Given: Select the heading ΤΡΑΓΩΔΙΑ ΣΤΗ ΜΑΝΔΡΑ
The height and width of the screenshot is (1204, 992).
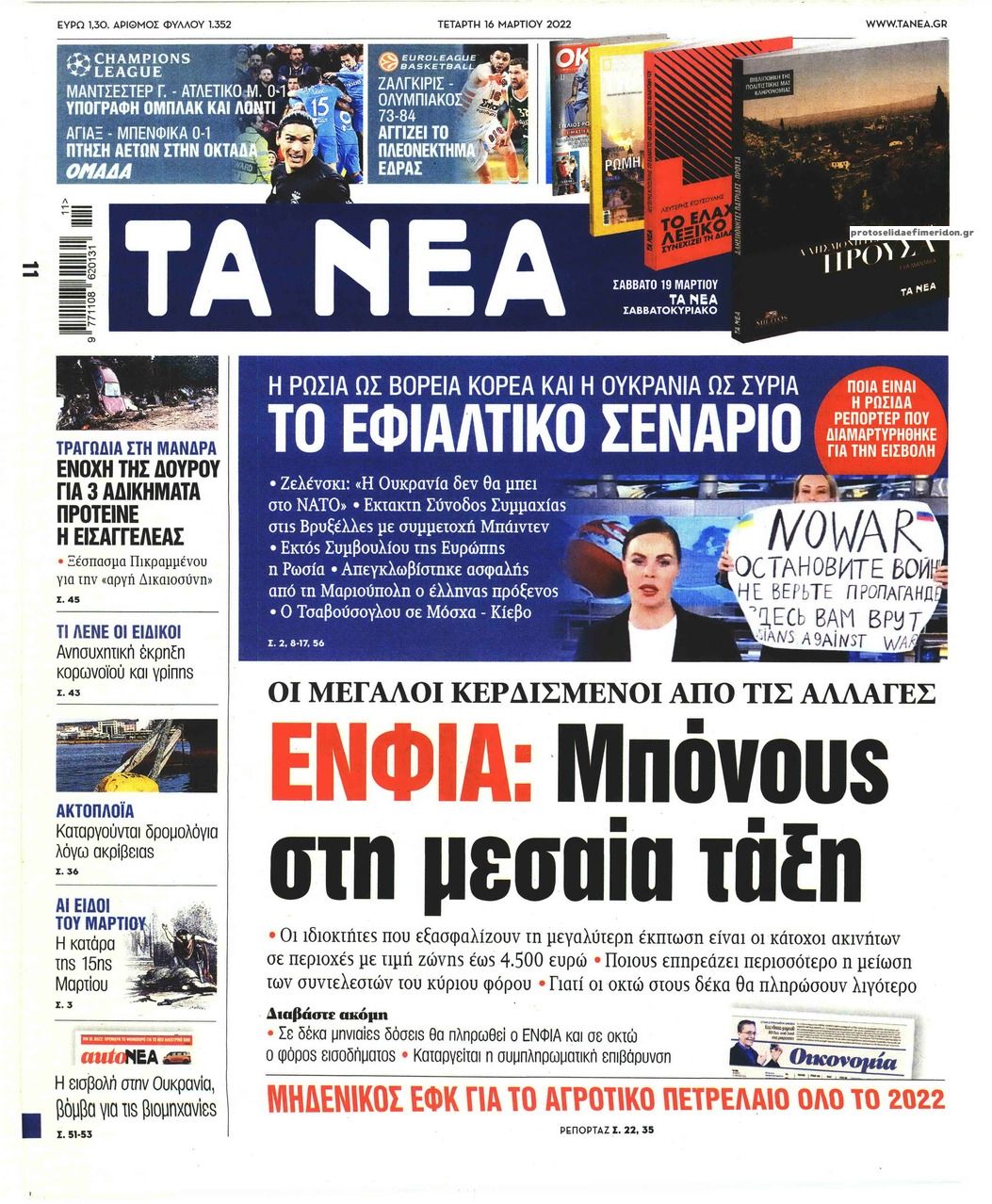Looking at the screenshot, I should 138,448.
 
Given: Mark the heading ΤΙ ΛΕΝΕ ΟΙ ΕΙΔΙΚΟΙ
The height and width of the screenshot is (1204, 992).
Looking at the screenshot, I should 119,631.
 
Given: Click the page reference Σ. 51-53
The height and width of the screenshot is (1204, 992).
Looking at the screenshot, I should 75,1134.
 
